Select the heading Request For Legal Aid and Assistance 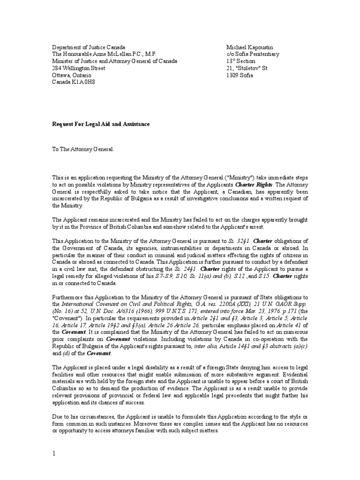pyautogui.click(x=100, y=124)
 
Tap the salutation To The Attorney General pyautogui.click(x=82, y=149)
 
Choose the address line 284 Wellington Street pyautogui.click(x=78, y=68)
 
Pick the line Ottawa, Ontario pyautogui.click(x=72, y=75)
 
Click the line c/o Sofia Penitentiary pyautogui.click(x=253, y=54)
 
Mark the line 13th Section pyautogui.click(x=240, y=61)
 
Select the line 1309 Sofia pyautogui.click(x=239, y=75)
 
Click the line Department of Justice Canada pyautogui.click(x=89, y=47)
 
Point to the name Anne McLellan pyautogui.click(x=109, y=54)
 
